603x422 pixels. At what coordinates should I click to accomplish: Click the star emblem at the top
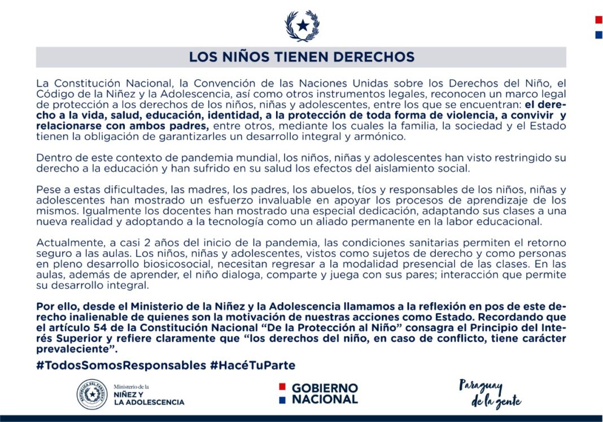302,25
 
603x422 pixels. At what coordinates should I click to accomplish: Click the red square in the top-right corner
598,20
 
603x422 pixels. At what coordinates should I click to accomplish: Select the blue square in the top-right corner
598,35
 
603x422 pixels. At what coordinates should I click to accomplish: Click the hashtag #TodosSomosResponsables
121,366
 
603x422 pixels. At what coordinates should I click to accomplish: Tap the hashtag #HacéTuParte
252,366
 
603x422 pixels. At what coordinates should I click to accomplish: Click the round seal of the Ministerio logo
92,394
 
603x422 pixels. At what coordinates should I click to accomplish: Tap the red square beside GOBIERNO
281,388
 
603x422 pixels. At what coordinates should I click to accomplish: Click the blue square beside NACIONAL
281,399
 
